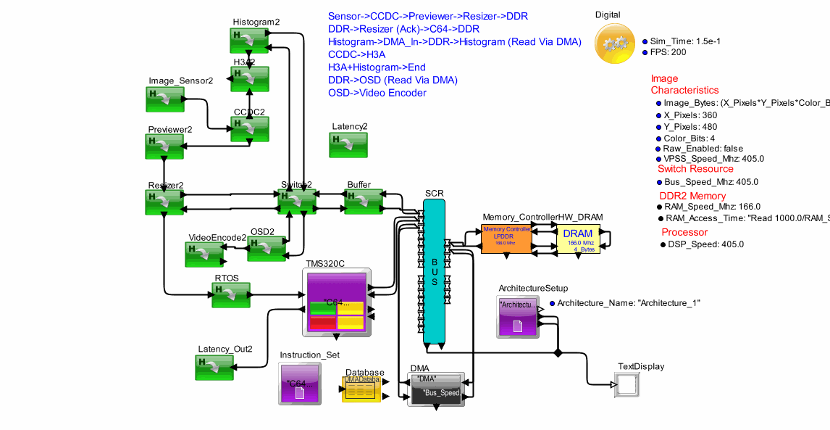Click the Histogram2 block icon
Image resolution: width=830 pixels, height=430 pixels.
coord(250,40)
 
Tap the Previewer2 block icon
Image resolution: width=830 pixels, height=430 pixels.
coord(164,146)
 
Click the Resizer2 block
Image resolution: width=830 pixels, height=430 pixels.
coord(164,202)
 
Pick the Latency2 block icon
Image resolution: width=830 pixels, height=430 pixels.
coord(348,144)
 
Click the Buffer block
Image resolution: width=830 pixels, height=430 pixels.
coord(363,202)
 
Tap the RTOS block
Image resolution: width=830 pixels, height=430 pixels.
coord(231,295)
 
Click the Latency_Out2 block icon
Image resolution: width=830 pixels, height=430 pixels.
coord(214,367)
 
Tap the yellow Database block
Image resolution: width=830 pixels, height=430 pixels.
coord(362,389)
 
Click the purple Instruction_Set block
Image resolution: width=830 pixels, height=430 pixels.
coord(300,384)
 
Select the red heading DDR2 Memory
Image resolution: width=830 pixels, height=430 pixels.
coord(692,196)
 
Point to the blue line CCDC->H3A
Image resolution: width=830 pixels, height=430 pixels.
coord(356,54)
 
